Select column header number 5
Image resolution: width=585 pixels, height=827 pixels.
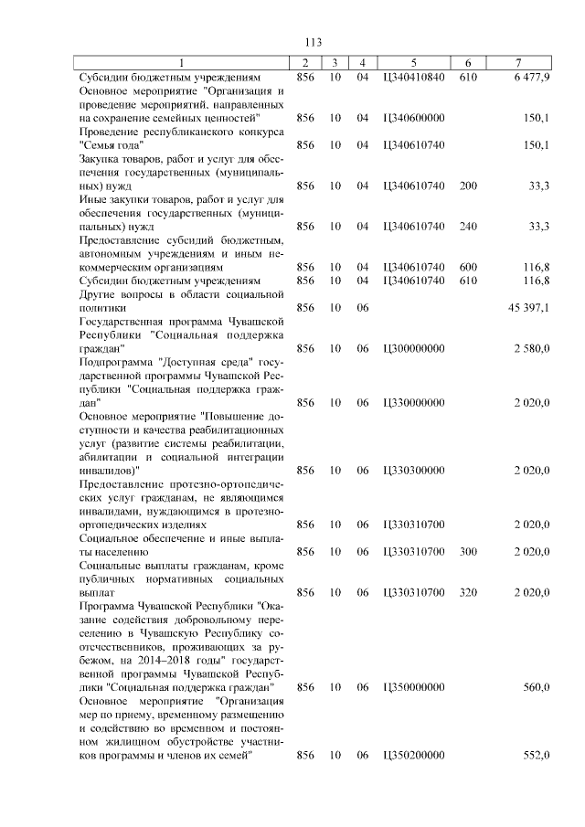click(414, 63)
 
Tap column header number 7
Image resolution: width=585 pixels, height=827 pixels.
click(518, 63)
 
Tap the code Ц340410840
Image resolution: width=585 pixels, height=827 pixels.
click(414, 78)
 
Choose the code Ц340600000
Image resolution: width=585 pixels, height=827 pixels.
click(414, 119)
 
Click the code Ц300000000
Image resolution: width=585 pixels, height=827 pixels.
click(414, 349)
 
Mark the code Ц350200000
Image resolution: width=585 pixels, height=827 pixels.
click(414, 755)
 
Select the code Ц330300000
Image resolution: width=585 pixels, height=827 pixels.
click(414, 471)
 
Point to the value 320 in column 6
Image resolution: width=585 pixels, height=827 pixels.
click(468, 592)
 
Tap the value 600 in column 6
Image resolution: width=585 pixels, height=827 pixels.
click(468, 267)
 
